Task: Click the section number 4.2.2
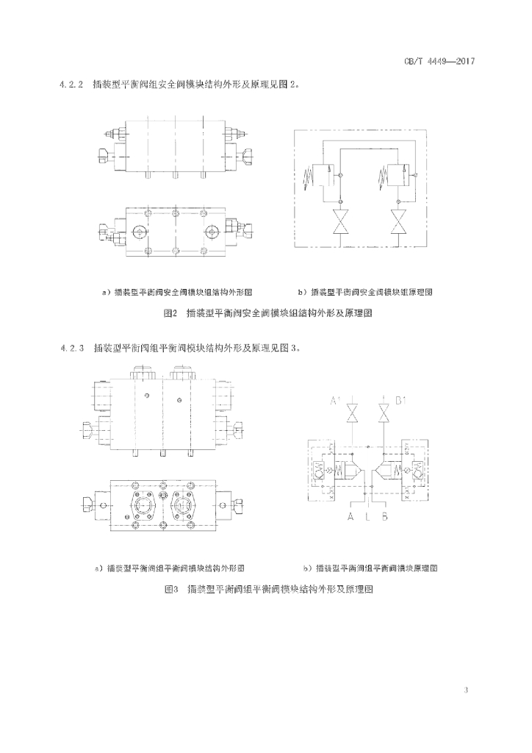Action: click(73, 85)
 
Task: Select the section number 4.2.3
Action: click(73, 349)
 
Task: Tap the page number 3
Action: click(467, 690)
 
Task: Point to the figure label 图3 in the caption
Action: click(172, 589)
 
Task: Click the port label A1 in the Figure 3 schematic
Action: click(335, 402)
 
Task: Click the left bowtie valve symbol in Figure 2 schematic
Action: click(340, 222)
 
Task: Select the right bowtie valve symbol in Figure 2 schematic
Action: click(398, 222)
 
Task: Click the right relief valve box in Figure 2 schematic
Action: click(398, 174)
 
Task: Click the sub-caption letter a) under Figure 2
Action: click(105, 292)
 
